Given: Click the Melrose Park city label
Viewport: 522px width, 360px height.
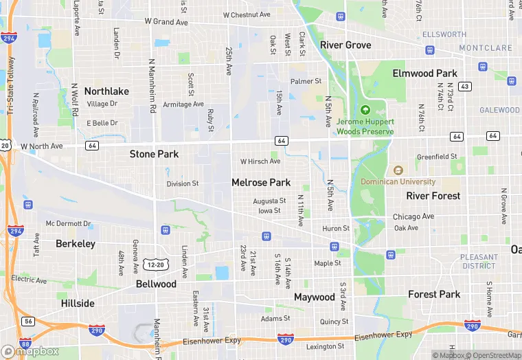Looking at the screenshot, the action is (x=261, y=183).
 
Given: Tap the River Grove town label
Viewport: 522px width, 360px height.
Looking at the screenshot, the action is (x=345, y=45).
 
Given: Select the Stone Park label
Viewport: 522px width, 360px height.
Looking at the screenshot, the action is (x=155, y=155).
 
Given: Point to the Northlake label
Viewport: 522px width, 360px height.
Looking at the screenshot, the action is (x=106, y=91).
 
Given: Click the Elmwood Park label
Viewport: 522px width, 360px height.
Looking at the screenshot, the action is (x=424, y=74).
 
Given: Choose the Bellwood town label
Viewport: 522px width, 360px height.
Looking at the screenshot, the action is (x=156, y=284).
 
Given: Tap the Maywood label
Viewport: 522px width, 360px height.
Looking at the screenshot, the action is (x=315, y=297).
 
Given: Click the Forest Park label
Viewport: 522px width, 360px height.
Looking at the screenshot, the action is (x=434, y=294).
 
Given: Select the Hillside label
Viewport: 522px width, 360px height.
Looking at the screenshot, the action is (x=78, y=303).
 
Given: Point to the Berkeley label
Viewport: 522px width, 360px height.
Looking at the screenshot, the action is (x=76, y=244).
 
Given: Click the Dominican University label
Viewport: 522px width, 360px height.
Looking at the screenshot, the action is (x=398, y=182).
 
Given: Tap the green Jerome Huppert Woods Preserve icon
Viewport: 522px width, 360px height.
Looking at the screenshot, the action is (x=365, y=109).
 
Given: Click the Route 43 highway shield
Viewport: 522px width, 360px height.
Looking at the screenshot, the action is (x=465, y=87).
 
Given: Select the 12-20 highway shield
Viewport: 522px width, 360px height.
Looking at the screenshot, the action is (x=156, y=265).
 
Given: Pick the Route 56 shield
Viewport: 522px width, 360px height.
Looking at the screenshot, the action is (x=27, y=321).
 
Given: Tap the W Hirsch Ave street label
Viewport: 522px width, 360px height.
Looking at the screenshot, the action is (x=260, y=161).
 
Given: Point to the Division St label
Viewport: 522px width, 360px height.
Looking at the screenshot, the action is (x=183, y=184).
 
